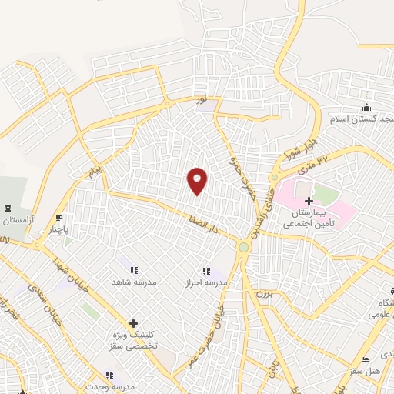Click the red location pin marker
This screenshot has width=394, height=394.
click(x=198, y=180)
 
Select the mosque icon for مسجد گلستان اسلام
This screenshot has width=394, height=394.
click(x=366, y=107)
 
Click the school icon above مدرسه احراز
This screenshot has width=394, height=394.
click(x=205, y=270)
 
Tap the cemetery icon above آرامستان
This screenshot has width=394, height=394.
click(x=8, y=209)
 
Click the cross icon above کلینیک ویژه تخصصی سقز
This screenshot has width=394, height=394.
click(x=135, y=324)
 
